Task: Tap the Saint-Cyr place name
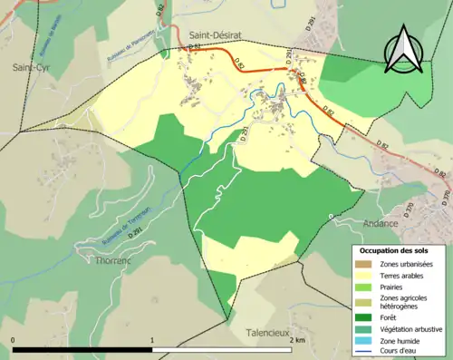point(30,67)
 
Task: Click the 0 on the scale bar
point(14,340)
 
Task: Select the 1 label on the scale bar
point(152,340)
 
